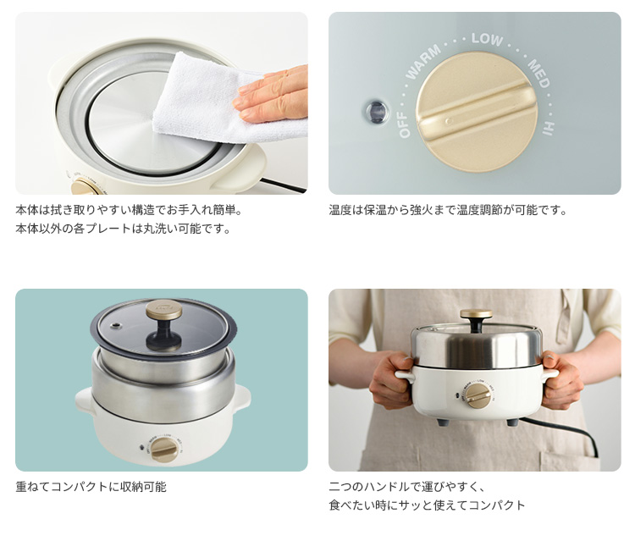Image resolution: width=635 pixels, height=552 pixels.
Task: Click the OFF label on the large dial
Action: (404, 125)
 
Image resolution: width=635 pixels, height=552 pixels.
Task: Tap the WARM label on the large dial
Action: (423, 62)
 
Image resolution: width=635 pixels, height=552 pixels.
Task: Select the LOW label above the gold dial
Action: (487, 39)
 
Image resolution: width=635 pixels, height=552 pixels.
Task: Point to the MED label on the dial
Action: (539, 74)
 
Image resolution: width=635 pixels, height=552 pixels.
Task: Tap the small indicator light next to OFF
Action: (377, 112)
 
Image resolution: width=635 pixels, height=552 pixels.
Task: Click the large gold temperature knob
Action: (477, 112)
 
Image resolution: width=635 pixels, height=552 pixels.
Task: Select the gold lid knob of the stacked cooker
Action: (163, 310)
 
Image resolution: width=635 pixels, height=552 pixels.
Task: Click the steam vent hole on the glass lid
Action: (118, 325)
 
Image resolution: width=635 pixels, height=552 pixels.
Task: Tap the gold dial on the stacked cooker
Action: (163, 450)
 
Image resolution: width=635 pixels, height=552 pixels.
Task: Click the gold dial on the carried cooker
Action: (478, 395)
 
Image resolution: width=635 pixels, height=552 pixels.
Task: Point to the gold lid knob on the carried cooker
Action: (476, 314)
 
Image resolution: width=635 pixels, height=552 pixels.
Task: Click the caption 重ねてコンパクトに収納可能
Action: (91, 487)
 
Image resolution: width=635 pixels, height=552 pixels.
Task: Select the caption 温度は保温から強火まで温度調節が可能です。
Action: (448, 210)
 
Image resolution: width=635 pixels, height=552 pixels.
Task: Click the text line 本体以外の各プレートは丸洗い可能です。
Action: (123, 229)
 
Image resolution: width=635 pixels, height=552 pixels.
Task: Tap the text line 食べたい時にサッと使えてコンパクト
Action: (428, 505)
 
